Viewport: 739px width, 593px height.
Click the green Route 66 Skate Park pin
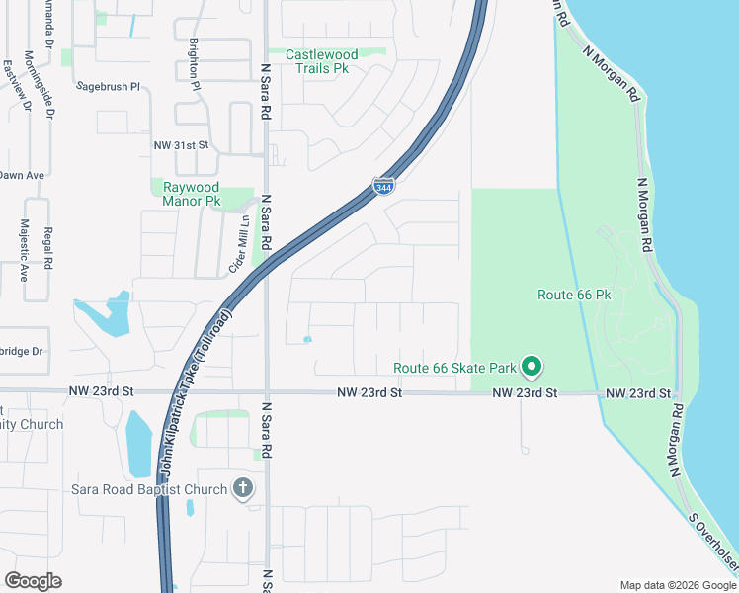tap(532, 368)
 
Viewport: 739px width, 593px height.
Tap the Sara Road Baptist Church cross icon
tap(243, 488)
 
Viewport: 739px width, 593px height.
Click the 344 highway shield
tap(385, 186)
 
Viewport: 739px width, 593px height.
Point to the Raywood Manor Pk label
tap(192, 193)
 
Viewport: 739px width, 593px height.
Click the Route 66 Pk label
tap(575, 295)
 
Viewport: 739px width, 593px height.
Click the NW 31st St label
tap(181, 144)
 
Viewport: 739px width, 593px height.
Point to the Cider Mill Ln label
tap(237, 247)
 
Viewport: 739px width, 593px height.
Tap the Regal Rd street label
tap(47, 251)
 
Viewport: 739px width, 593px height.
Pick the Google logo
tap(33, 580)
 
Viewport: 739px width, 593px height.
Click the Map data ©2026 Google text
tap(678, 585)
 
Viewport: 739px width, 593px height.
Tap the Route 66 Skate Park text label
tap(455, 368)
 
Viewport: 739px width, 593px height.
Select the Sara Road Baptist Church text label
tap(149, 489)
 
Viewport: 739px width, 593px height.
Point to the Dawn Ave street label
tap(22, 175)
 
